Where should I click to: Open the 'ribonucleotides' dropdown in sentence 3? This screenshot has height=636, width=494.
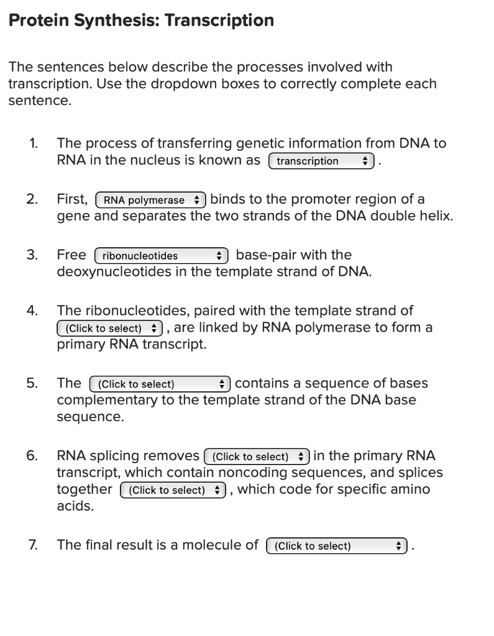tap(162, 255)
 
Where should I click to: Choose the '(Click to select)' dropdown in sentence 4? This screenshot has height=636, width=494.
tap(109, 327)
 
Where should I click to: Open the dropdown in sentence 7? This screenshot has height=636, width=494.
tap(336, 546)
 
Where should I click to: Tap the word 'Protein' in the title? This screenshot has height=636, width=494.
tap(38, 20)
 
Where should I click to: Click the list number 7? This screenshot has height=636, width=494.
tap(33, 545)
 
